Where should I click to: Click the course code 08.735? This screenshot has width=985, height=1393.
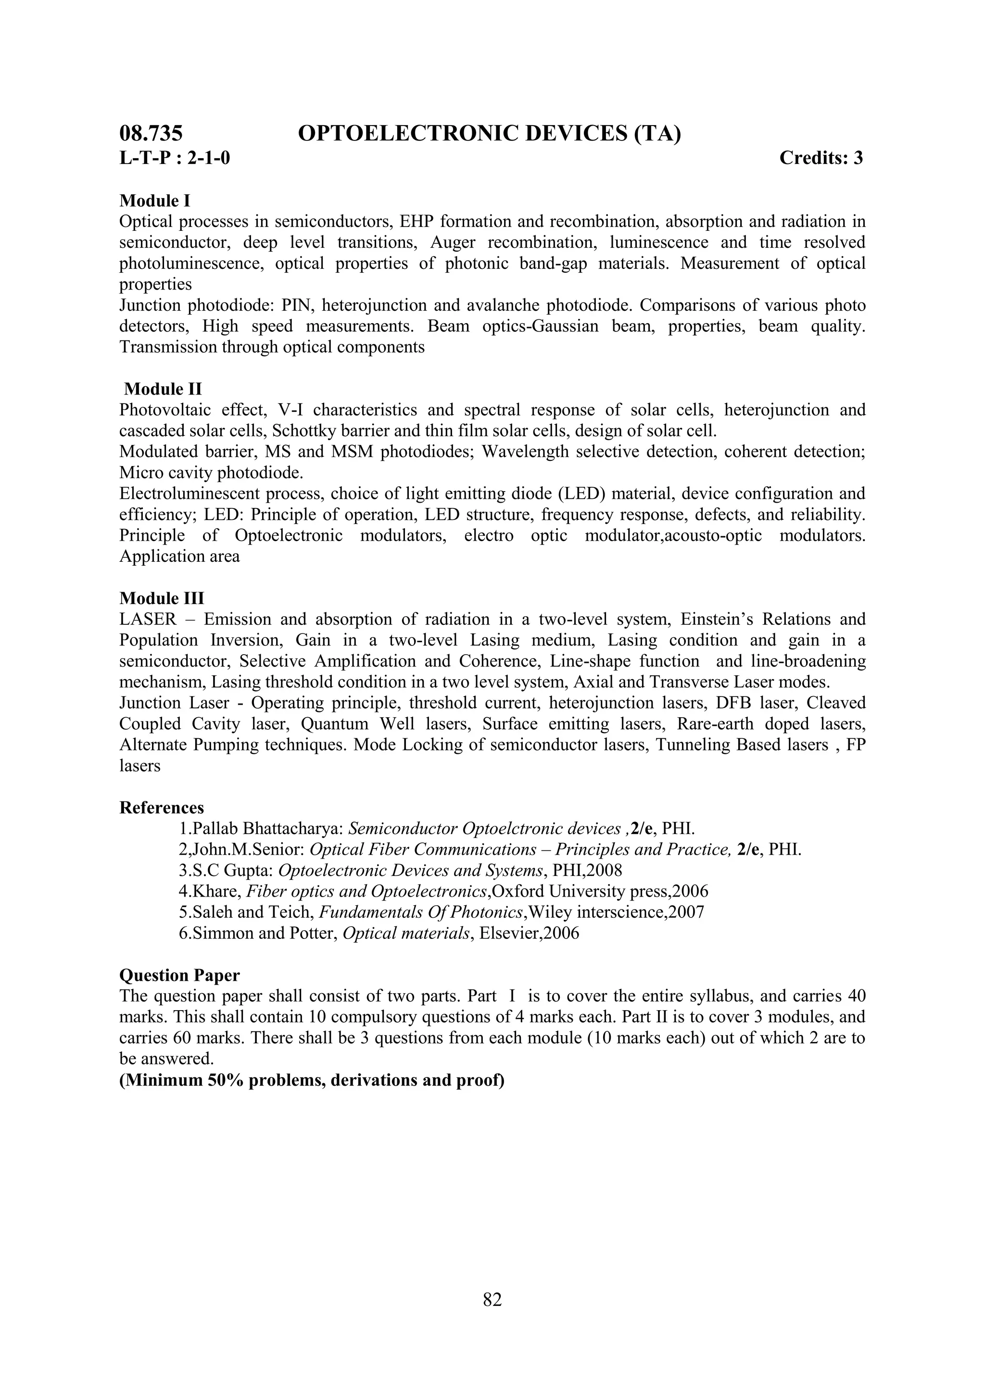151,133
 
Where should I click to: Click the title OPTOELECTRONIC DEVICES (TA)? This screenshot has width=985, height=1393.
490,133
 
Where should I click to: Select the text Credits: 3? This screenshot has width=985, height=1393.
821,158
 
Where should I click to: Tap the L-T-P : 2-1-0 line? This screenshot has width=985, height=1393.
175,158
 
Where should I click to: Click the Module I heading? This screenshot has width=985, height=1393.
155,200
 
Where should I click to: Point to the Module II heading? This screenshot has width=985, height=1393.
163,389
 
